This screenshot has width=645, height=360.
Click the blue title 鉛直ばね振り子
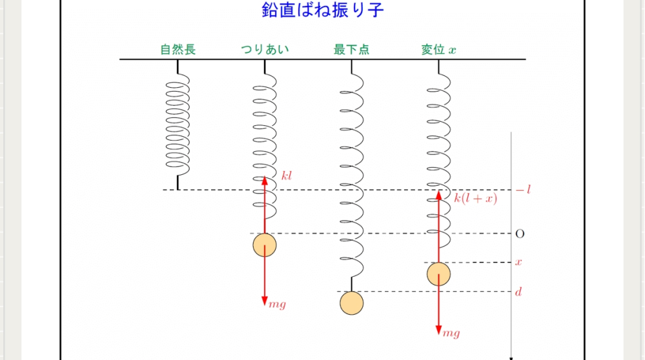coord(323,11)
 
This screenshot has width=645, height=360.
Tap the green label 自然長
coord(178,50)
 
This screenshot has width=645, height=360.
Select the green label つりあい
coord(265,50)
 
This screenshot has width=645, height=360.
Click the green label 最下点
coord(351,50)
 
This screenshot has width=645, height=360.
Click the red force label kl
coord(287,175)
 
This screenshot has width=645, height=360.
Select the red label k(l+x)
coord(475,198)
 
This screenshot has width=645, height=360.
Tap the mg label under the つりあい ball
coord(278,304)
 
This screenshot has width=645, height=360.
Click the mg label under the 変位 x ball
coord(451,333)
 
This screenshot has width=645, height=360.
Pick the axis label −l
coord(523,190)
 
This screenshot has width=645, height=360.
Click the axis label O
coord(520,234)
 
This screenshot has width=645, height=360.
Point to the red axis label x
coord(518,262)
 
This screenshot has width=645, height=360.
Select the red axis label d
coord(518,292)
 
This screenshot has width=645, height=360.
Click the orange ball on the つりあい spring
coord(264,245)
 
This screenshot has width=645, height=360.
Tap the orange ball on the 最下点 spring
coord(351,303)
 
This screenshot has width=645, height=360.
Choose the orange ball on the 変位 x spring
coord(438,274)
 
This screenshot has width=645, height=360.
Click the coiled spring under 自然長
coord(178,123)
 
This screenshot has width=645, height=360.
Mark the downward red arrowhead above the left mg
coord(264,301)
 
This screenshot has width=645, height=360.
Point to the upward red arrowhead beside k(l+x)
coord(438,194)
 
